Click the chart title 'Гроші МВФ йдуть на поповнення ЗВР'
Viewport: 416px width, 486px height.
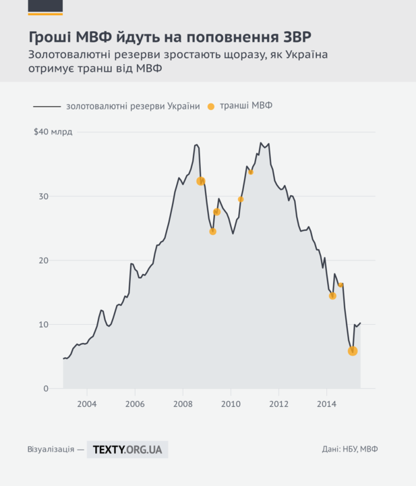pos(171,34)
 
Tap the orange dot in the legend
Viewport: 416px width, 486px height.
pos(211,107)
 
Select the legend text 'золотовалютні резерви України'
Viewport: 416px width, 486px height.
pos(132,107)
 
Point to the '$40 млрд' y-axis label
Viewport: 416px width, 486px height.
pos(53,132)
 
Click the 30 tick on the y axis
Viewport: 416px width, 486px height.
pos(44,196)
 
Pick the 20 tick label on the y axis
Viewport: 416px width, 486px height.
pos(44,261)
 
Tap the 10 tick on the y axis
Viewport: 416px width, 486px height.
pos(44,325)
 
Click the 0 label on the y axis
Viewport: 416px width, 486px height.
pos(46,389)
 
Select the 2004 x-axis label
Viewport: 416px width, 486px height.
pos(87,404)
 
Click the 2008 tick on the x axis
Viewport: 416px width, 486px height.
pos(183,404)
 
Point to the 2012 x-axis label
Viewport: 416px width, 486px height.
pos(279,404)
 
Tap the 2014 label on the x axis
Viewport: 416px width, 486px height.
pos(327,404)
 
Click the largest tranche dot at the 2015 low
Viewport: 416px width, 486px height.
pos(352,351)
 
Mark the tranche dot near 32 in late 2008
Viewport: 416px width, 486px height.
pos(200,181)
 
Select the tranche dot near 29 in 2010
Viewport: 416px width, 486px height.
pos(241,199)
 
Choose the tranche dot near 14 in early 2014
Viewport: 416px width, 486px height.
pos(332,296)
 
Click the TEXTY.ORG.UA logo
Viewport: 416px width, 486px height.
pos(127,449)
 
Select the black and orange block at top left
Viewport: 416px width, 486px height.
pos(45,7)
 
